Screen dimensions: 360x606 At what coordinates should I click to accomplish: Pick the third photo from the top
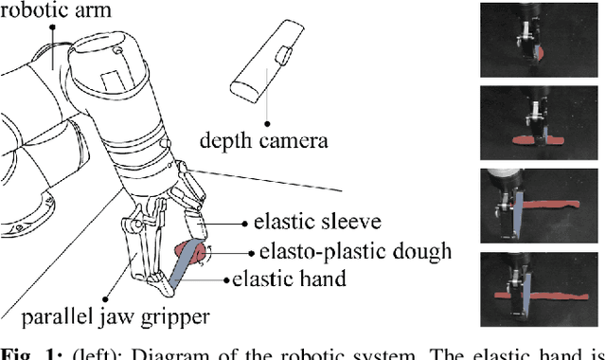click(536, 205)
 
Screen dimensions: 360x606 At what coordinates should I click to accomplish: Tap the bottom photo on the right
click(536, 286)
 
